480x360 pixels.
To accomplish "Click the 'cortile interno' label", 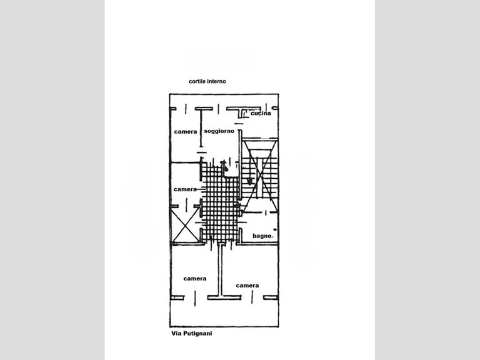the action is (207, 81).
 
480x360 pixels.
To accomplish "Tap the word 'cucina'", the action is (261, 114).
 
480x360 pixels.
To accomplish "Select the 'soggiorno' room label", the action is (219, 131).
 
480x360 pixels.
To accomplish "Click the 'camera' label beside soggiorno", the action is (185, 132).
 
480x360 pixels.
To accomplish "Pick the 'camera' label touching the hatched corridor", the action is (185, 189).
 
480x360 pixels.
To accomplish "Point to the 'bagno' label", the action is (262, 236).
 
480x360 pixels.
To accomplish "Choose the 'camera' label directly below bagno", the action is (248, 285).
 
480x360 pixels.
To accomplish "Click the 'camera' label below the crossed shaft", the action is (195, 278).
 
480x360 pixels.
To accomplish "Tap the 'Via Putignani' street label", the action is (192, 333).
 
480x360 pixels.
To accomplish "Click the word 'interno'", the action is (216, 81).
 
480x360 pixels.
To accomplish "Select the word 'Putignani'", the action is (197, 334).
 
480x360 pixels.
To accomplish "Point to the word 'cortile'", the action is (197, 81).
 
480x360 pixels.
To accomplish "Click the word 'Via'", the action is (176, 333).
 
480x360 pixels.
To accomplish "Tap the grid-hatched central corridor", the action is (221, 202).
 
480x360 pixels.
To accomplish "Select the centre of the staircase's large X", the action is (260, 176).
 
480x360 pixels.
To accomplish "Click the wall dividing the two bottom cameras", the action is (221, 270).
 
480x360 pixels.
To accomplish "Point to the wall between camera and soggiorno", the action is (201, 129).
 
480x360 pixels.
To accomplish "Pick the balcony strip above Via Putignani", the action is (224, 312).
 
